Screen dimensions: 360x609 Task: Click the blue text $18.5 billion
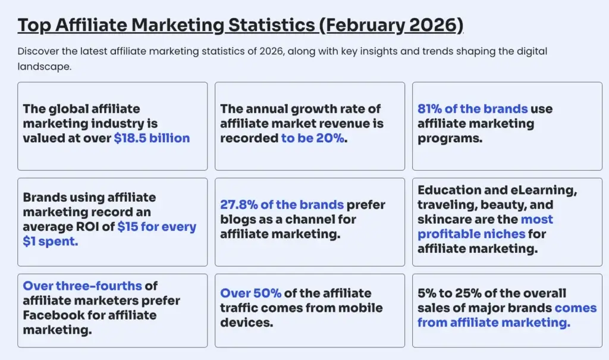click(152, 139)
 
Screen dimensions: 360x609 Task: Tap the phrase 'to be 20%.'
click(314, 139)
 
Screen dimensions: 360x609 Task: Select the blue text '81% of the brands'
click(472, 109)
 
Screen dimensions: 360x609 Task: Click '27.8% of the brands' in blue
click(281, 205)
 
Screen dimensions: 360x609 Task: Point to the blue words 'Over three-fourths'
click(81, 286)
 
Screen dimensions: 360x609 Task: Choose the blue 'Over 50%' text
click(250, 293)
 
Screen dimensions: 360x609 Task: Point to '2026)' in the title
click(442, 26)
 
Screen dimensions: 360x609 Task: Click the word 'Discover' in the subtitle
click(37, 52)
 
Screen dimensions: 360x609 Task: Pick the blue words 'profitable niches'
click(471, 234)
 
